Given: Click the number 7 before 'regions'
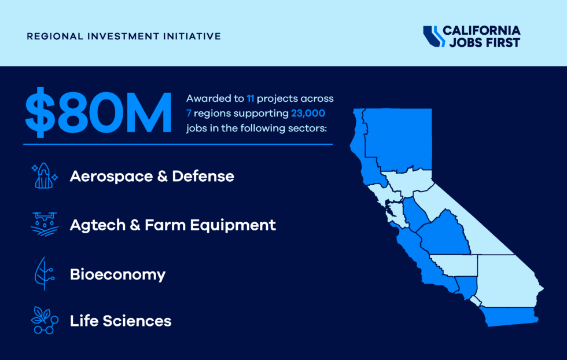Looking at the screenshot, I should pos(189,113).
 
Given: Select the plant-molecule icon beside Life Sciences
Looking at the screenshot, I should pos(44,320).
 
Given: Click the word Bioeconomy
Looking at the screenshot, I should pos(117,274).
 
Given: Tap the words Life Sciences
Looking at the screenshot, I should pos(120,320).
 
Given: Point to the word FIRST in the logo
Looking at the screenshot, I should pos(505,42).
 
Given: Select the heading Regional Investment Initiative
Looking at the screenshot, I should pos(124,36).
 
